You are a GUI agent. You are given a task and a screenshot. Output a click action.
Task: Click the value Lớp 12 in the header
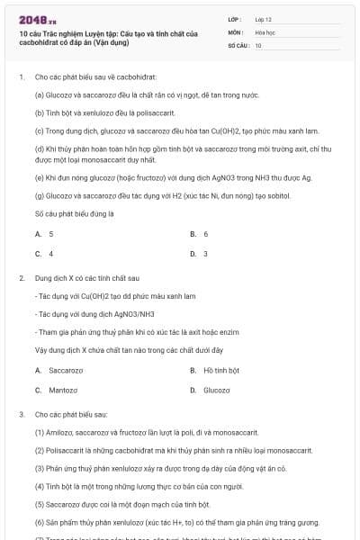click(262, 18)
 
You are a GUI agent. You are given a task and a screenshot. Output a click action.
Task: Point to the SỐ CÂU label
click(238, 45)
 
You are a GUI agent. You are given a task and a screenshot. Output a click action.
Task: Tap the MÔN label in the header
click(236, 31)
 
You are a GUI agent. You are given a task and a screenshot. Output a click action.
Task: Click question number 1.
click(21, 77)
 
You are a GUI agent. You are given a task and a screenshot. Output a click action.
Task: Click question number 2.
click(21, 279)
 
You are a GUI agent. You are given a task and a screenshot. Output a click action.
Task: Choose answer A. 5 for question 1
click(45, 234)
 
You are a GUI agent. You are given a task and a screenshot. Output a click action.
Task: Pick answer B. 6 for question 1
click(200, 234)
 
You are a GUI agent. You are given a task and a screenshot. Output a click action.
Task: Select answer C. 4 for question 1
click(45, 254)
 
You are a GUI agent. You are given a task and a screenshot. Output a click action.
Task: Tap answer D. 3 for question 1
click(200, 254)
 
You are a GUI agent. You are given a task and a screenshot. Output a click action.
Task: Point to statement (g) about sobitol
click(154, 195)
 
